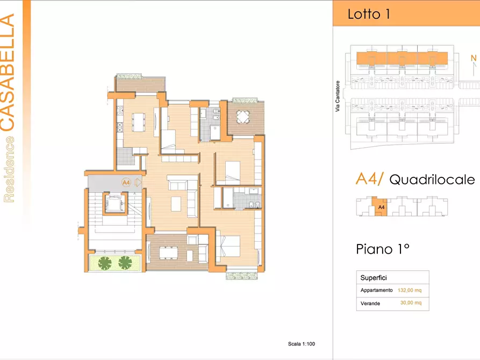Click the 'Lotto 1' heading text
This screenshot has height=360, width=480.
click(x=369, y=14)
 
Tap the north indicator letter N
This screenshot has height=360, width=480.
click(x=474, y=58)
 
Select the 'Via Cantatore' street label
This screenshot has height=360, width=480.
click(x=338, y=96)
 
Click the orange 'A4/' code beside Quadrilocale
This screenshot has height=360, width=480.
click(x=369, y=179)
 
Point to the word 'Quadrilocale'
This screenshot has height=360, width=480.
click(x=432, y=179)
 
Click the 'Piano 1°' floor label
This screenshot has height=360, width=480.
click(x=383, y=249)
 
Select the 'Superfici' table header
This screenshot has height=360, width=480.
click(x=374, y=278)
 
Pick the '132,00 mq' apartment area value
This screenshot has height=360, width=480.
click(x=410, y=290)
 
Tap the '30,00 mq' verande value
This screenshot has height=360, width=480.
click(x=411, y=303)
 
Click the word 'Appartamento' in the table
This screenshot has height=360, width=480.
click(x=377, y=290)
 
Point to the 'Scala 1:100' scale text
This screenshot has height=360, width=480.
click(x=302, y=344)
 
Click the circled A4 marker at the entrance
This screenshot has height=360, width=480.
click(x=126, y=183)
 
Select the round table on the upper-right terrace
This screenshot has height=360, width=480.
click(x=243, y=117)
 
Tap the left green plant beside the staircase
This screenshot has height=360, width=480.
click(x=105, y=263)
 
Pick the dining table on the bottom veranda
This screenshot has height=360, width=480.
click(x=168, y=253)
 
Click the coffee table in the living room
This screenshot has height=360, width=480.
click(x=176, y=204)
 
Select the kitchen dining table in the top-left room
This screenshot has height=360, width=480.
click(x=139, y=122)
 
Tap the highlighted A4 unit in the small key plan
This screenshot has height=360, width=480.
click(x=379, y=206)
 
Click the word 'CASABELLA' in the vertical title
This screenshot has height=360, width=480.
click(x=8, y=73)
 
